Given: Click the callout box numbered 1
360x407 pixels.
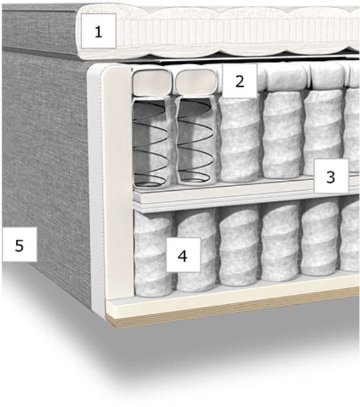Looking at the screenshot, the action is click(x=99, y=31).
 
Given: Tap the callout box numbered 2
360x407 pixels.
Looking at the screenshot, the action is click(x=240, y=81).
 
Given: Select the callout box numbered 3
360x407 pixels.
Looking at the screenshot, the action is click(x=331, y=176).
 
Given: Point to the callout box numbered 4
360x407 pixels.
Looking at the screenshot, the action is click(x=184, y=255).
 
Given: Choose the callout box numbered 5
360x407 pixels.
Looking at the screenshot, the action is click(x=19, y=245).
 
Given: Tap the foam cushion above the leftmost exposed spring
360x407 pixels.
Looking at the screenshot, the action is click(x=152, y=80).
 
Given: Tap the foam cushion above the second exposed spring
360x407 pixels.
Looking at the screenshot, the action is click(x=197, y=80).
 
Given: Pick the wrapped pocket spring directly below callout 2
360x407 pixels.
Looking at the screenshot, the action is click(x=240, y=139).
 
